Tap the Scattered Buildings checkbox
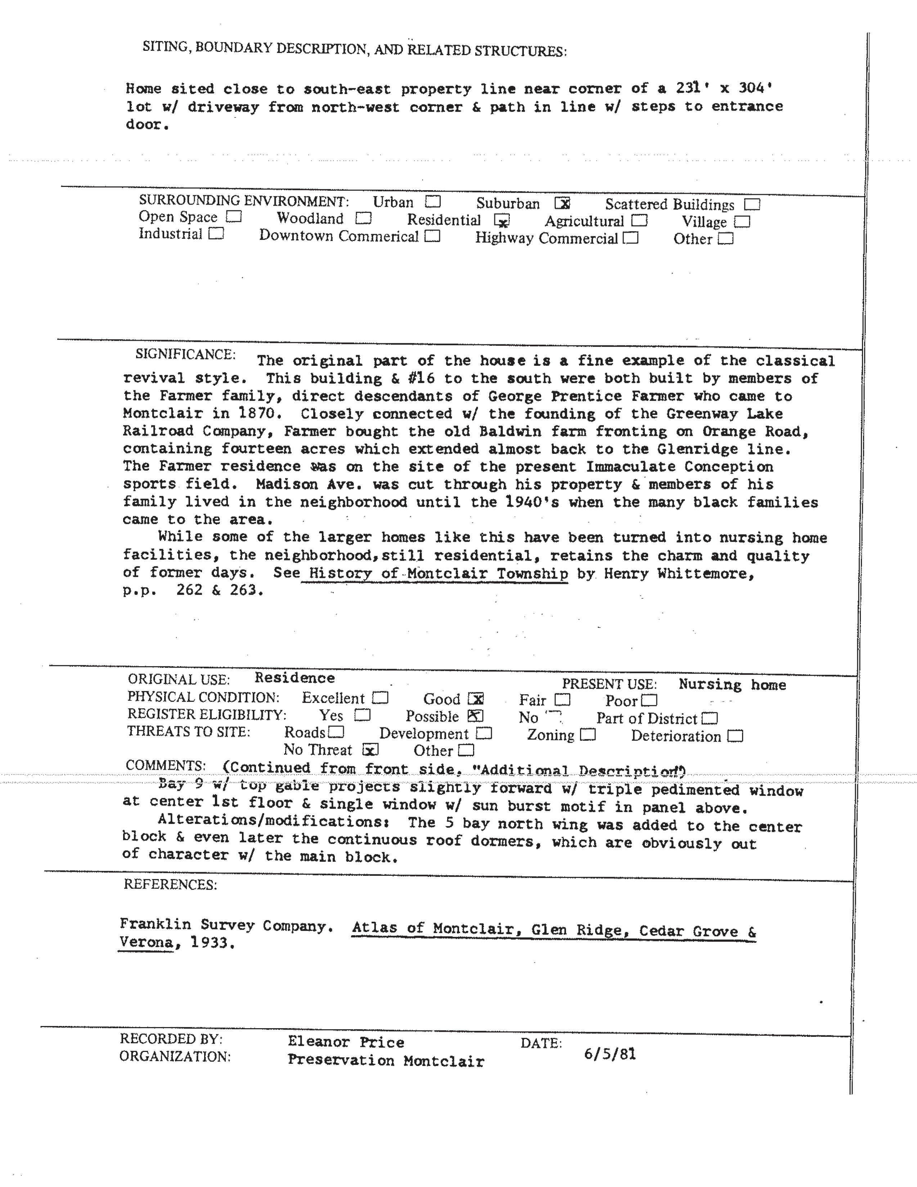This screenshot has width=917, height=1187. tap(752, 205)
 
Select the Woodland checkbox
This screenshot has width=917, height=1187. tap(363, 218)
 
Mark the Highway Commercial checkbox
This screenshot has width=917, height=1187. tap(631, 238)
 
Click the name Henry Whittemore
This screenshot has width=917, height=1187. tap(678, 574)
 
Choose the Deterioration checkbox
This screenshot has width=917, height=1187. tap(735, 736)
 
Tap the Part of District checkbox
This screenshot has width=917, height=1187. tap(710, 719)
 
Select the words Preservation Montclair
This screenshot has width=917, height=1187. tap(385, 1060)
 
